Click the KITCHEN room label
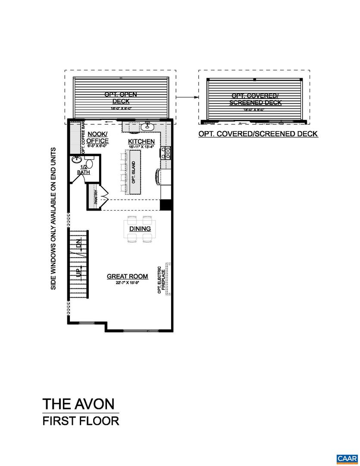[x=141, y=142]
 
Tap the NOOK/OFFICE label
[x=97, y=138]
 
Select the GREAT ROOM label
[x=127, y=276]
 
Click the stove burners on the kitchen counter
[x=165, y=152]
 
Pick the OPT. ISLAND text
[x=133, y=171]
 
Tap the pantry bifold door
[x=103, y=197]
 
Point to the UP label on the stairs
[x=78, y=271]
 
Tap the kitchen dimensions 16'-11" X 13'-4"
[x=141, y=147]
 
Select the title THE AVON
[x=78, y=404]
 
